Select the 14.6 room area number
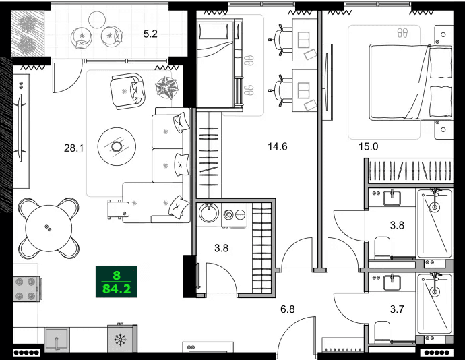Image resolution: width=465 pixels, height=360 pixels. (277, 146)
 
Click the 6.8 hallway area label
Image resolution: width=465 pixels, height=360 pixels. (288, 309)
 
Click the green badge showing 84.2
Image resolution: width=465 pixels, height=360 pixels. (117, 282)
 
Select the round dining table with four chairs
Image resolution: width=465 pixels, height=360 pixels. (47, 227)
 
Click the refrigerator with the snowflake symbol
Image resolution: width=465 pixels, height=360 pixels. (122, 339)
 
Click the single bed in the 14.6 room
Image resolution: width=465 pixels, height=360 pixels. (219, 62)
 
